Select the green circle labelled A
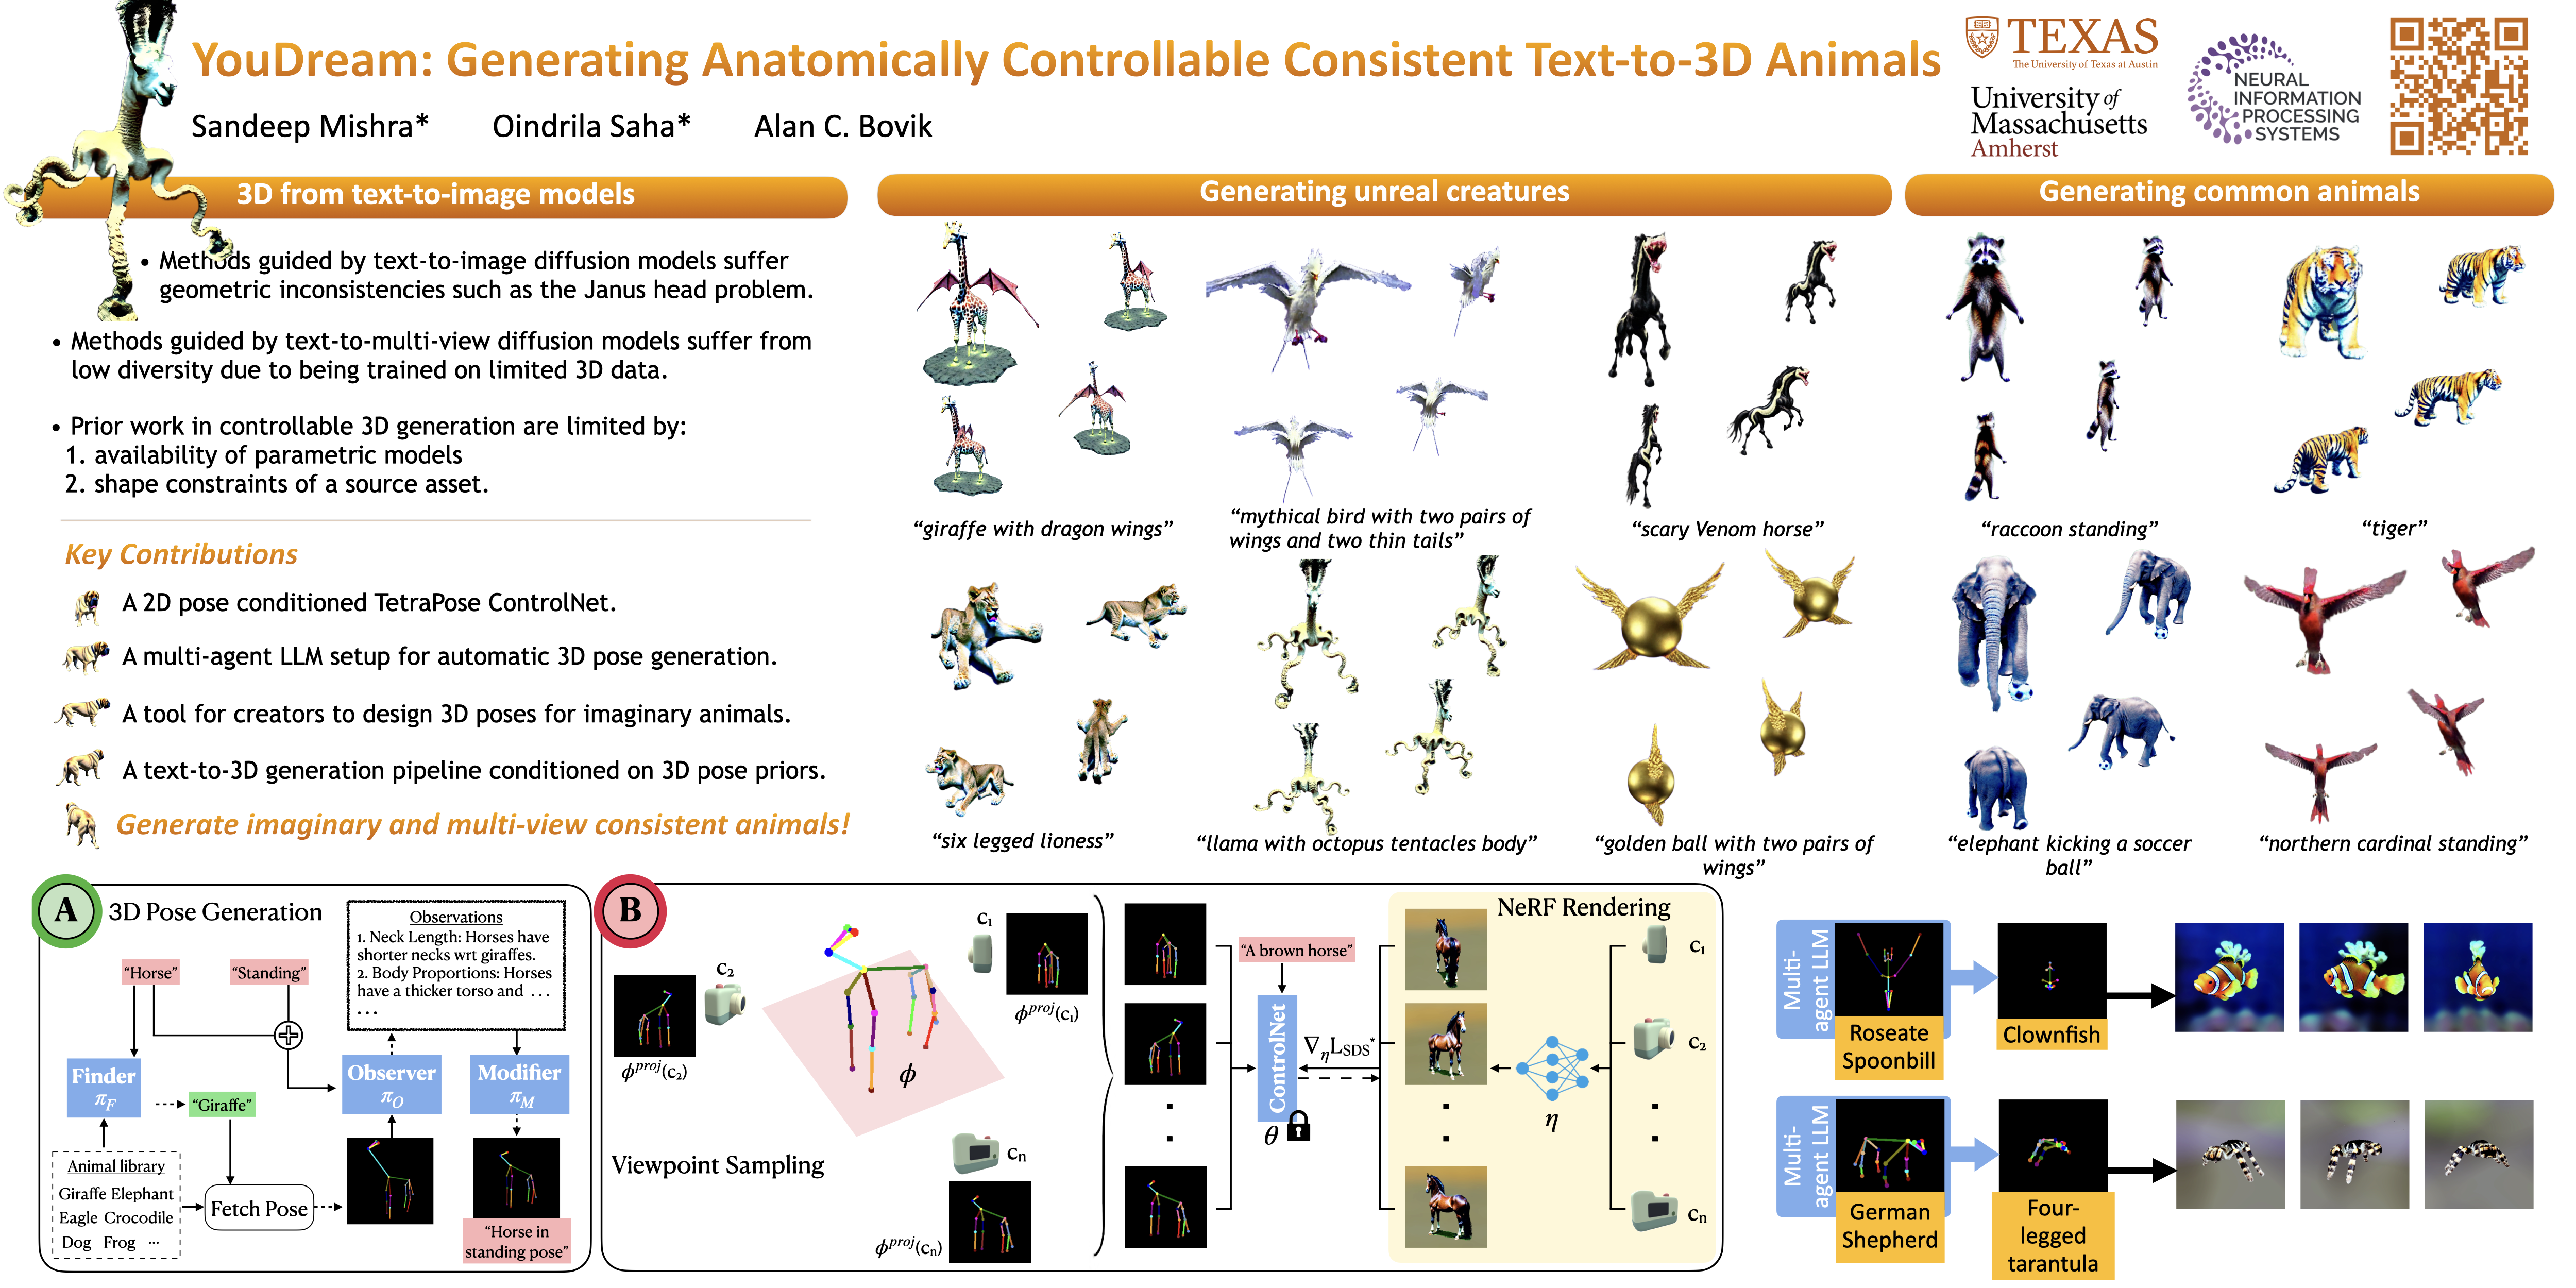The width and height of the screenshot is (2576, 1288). [x=66, y=911]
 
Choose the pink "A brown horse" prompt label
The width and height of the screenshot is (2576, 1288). [x=1296, y=950]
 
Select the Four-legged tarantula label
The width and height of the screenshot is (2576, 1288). [x=2053, y=1235]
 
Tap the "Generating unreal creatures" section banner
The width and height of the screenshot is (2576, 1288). [x=1384, y=193]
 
